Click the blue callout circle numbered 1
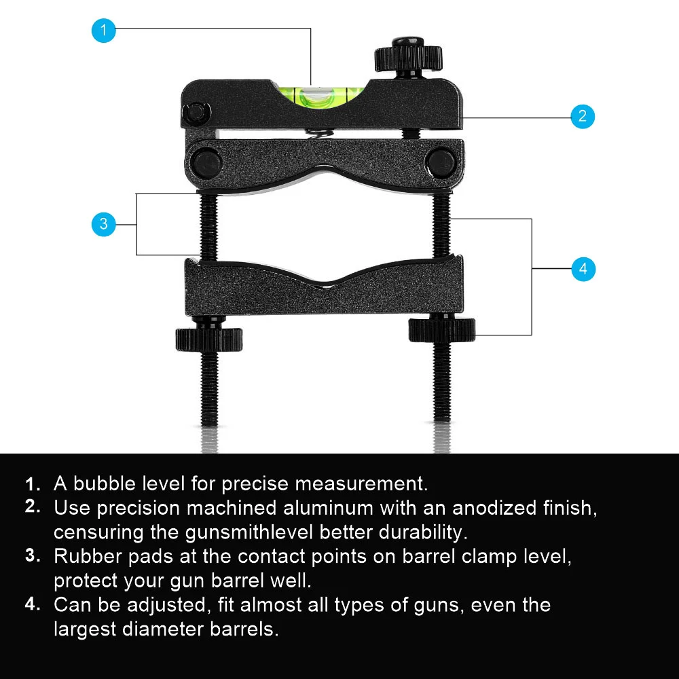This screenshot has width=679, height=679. (x=103, y=31)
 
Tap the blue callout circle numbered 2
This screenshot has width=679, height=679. (x=583, y=116)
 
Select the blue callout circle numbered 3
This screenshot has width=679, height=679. (x=103, y=224)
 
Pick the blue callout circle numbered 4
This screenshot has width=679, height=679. (x=583, y=269)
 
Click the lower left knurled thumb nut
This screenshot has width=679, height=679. (x=208, y=339)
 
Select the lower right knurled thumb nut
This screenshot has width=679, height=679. (x=442, y=329)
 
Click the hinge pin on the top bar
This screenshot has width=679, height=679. (x=196, y=113)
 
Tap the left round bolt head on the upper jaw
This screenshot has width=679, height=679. (x=207, y=163)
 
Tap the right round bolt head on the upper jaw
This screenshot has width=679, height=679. (x=441, y=163)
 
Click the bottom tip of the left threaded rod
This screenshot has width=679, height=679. (x=209, y=425)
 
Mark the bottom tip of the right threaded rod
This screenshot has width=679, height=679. (x=442, y=420)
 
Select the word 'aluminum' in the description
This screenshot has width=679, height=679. (x=328, y=507)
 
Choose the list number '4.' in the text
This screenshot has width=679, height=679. (x=33, y=604)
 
